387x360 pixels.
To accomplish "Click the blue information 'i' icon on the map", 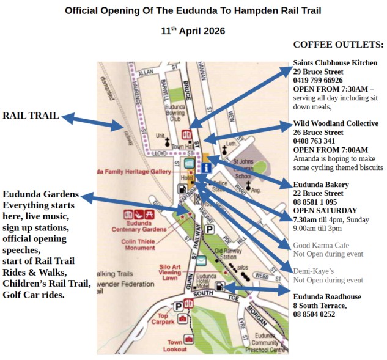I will point(207,167).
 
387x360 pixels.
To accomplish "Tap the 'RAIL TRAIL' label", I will point(31,116).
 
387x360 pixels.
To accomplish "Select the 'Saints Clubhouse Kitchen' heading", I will point(335,63).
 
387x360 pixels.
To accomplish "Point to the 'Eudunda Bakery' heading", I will point(321,185).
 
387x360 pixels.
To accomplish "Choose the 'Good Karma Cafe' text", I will point(321,245).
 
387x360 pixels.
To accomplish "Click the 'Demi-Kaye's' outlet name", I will point(314,271).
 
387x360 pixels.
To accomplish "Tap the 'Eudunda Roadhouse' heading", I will point(326,297).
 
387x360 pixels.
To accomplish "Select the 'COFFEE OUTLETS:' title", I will point(338,45).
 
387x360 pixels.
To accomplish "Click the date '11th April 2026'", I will point(193,31).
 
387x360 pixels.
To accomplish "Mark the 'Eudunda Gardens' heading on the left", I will point(40,194).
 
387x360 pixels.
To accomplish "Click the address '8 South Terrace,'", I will point(320,306).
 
